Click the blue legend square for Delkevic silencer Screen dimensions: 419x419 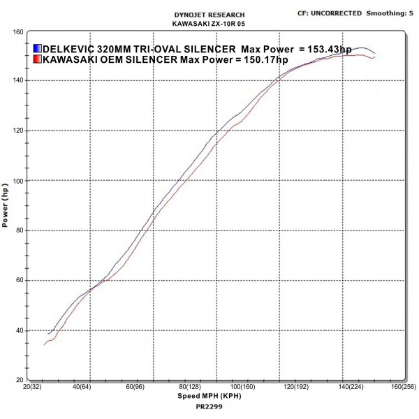pos(38,49)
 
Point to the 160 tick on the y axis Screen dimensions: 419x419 pos(19,31)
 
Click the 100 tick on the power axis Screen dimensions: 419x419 pos(19,181)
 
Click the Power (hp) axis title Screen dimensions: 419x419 pos(6,206)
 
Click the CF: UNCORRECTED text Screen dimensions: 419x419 pos(330,13)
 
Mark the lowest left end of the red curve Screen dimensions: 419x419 pos(45,344)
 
